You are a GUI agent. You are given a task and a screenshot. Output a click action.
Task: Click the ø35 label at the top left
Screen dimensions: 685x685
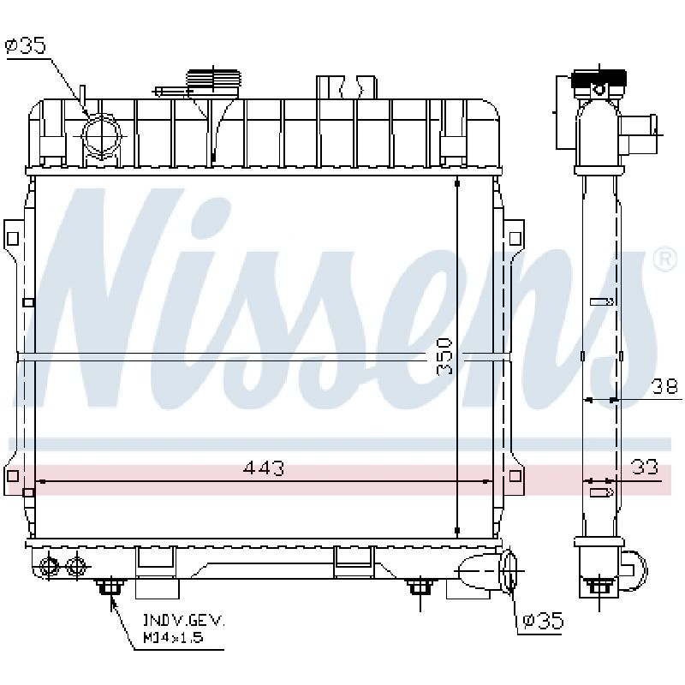point(26,45)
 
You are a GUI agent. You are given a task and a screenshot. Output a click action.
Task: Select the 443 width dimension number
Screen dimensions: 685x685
point(264,468)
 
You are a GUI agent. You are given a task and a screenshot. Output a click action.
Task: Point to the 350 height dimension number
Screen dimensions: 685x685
point(444,356)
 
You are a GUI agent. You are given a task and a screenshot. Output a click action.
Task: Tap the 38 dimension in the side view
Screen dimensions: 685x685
point(664,387)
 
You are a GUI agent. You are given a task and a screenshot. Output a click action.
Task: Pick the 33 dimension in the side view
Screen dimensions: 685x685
point(645,468)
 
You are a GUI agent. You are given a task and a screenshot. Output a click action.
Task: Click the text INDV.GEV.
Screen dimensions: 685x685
point(183,620)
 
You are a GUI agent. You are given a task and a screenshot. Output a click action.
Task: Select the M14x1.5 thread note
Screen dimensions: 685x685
point(173,637)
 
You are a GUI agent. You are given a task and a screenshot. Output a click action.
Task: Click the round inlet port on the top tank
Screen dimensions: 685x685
point(101,136)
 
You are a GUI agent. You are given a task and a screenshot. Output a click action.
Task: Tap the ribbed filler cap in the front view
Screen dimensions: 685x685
point(213,80)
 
